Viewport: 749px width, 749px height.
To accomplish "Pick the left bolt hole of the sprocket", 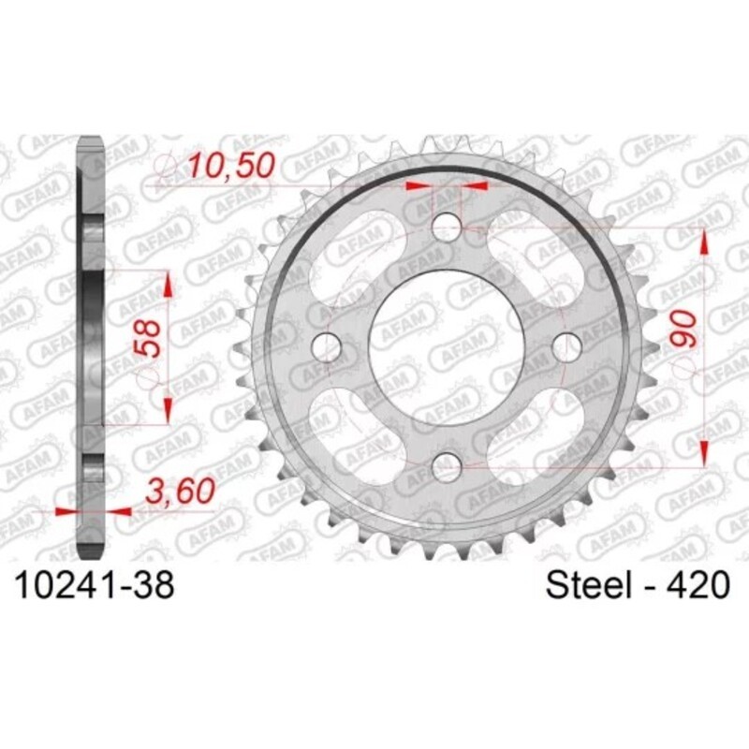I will pos(329,345).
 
